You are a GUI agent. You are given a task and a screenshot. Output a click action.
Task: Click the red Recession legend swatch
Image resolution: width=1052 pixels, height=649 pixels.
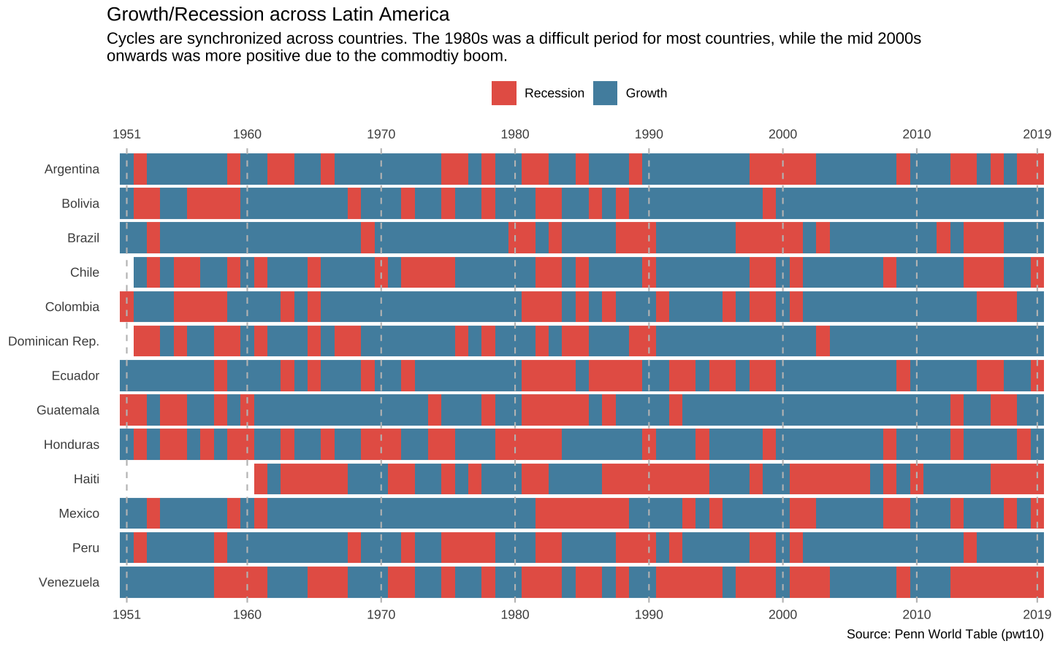(504, 93)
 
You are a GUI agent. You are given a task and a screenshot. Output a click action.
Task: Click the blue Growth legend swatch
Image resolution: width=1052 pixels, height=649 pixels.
(605, 93)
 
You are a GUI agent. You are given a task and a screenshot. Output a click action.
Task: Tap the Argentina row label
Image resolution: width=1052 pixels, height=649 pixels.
(72, 169)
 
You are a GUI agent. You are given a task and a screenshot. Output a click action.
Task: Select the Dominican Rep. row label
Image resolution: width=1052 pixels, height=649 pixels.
(53, 341)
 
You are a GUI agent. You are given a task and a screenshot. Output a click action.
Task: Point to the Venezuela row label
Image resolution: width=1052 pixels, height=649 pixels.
(69, 583)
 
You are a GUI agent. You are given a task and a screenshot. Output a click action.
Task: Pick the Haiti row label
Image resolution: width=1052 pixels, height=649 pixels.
(86, 479)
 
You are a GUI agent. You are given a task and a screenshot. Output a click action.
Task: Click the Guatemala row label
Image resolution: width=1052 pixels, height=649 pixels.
(68, 410)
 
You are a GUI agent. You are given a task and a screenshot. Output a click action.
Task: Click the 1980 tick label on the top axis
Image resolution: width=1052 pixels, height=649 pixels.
(515, 134)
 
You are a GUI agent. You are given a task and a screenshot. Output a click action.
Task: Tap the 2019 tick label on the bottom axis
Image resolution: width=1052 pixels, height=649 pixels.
(1037, 614)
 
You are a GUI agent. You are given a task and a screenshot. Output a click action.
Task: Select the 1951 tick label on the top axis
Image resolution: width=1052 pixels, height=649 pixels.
(126, 134)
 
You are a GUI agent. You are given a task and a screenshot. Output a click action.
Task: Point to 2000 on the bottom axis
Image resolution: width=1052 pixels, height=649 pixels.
(782, 614)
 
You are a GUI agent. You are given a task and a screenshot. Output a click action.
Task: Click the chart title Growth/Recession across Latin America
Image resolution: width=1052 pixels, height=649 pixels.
(278, 15)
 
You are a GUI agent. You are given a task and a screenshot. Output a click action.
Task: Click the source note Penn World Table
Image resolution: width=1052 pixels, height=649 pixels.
(945, 634)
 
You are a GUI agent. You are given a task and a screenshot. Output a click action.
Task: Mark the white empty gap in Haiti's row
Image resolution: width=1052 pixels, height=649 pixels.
(186, 479)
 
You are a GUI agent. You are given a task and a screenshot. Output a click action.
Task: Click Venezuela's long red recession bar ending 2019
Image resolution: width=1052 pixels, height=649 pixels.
(996, 583)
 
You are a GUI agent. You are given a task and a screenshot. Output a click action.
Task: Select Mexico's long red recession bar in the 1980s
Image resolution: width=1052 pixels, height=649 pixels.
(582, 513)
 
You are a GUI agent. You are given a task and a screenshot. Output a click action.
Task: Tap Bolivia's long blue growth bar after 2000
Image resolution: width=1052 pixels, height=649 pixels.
(910, 204)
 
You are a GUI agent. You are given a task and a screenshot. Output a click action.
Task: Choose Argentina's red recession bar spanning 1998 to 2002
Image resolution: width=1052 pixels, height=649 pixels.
(782, 169)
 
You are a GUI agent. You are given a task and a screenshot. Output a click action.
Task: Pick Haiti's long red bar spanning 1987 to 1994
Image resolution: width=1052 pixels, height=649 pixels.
(655, 479)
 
